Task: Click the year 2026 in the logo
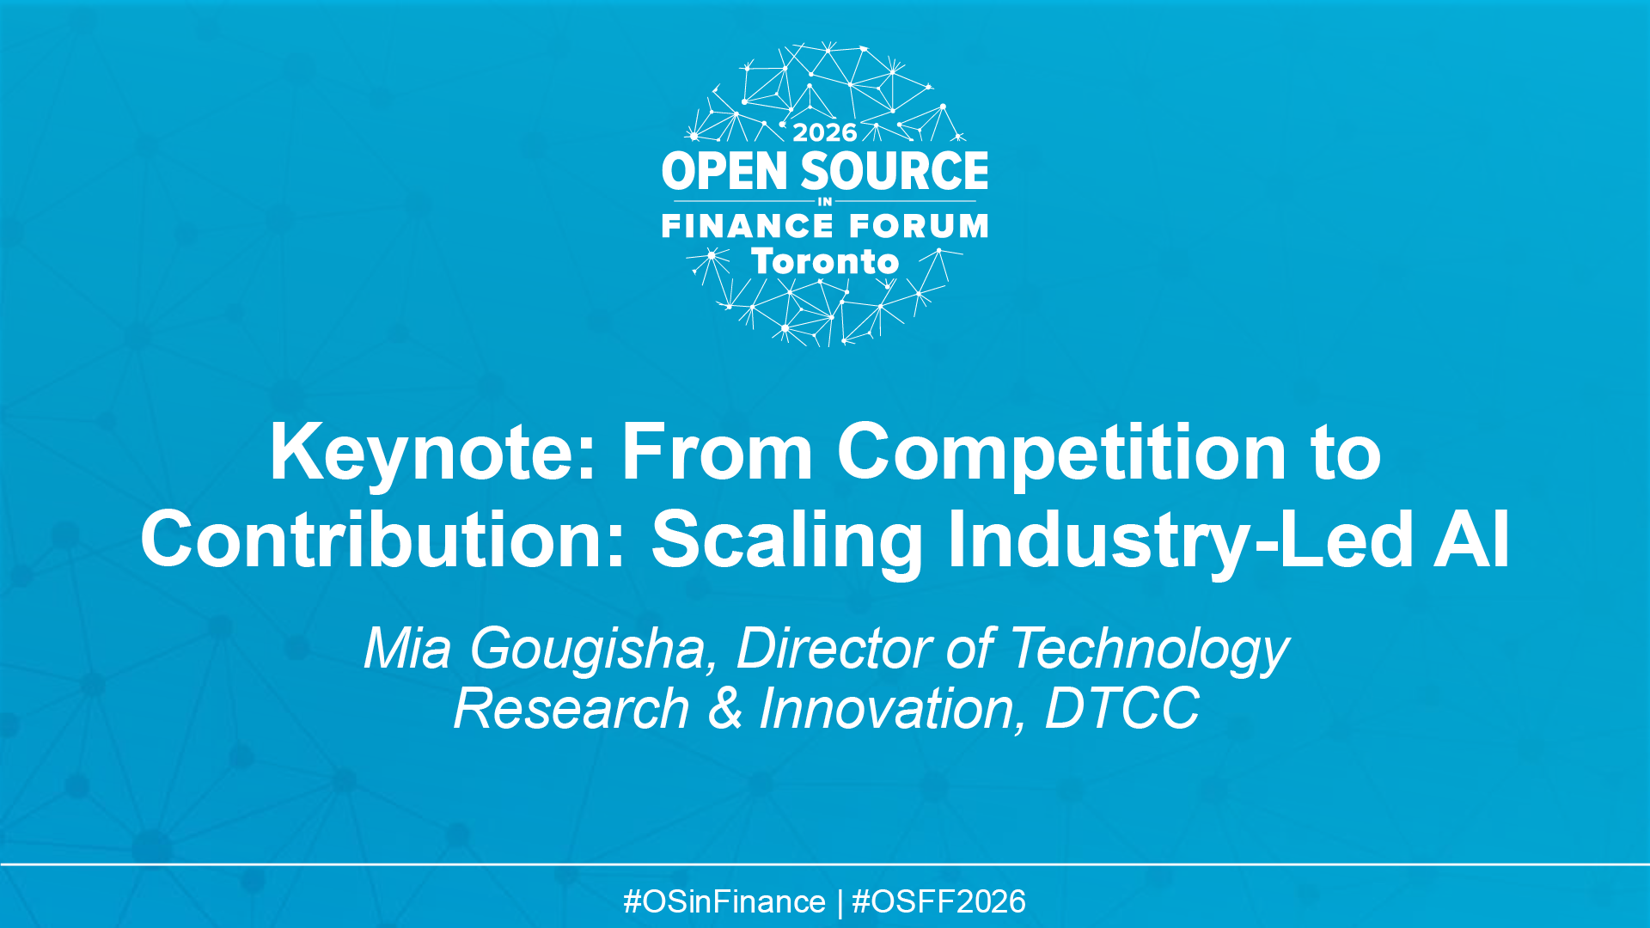(x=824, y=132)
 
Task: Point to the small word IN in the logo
(x=825, y=202)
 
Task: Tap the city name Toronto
(x=825, y=261)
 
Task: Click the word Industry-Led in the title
(x=1179, y=540)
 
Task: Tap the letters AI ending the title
(x=1471, y=540)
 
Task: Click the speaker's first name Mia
(x=406, y=648)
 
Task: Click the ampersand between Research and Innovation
(x=724, y=709)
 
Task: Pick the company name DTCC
(x=1121, y=709)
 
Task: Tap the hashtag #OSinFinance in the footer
(x=724, y=901)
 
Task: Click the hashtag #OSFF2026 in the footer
(x=938, y=901)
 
